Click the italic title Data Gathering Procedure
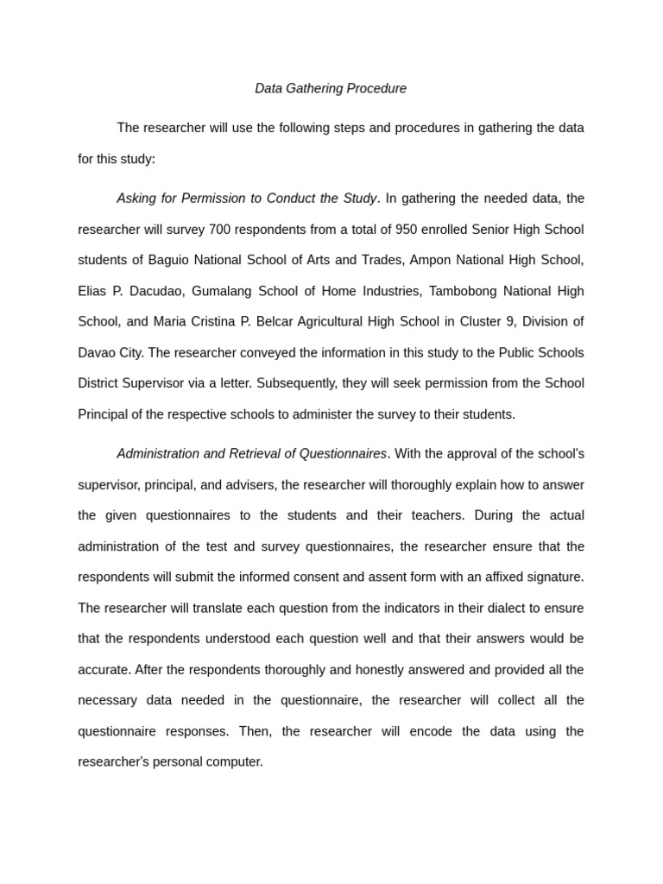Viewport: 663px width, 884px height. (331, 88)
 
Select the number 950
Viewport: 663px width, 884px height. (408, 230)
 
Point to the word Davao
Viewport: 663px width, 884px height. (96, 352)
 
